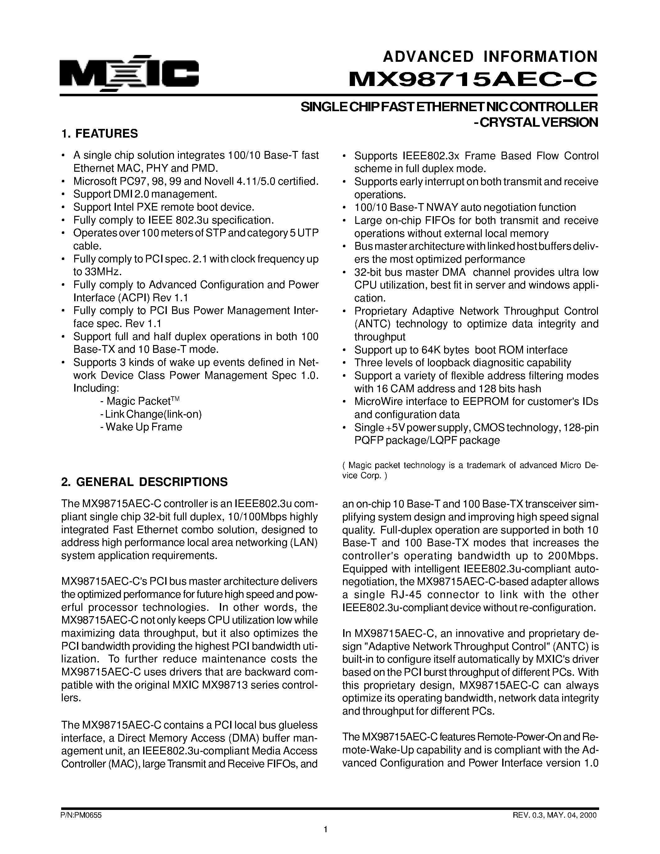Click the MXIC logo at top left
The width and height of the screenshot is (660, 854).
pyautogui.click(x=129, y=73)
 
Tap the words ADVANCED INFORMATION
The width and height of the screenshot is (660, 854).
pyautogui.click(x=490, y=57)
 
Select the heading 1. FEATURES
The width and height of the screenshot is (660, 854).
pyautogui.click(x=100, y=134)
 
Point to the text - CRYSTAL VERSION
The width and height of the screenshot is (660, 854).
pyautogui.click(x=536, y=122)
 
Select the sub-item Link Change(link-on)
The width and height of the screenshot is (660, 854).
pyautogui.click(x=151, y=414)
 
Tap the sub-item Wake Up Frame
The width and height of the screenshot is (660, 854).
pyautogui.click(x=141, y=427)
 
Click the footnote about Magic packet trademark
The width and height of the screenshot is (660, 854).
pyautogui.click(x=470, y=470)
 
